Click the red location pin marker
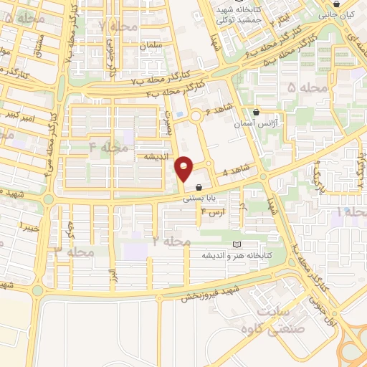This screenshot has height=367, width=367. tap(184, 169)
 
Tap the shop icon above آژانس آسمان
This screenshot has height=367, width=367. tap(256, 113)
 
